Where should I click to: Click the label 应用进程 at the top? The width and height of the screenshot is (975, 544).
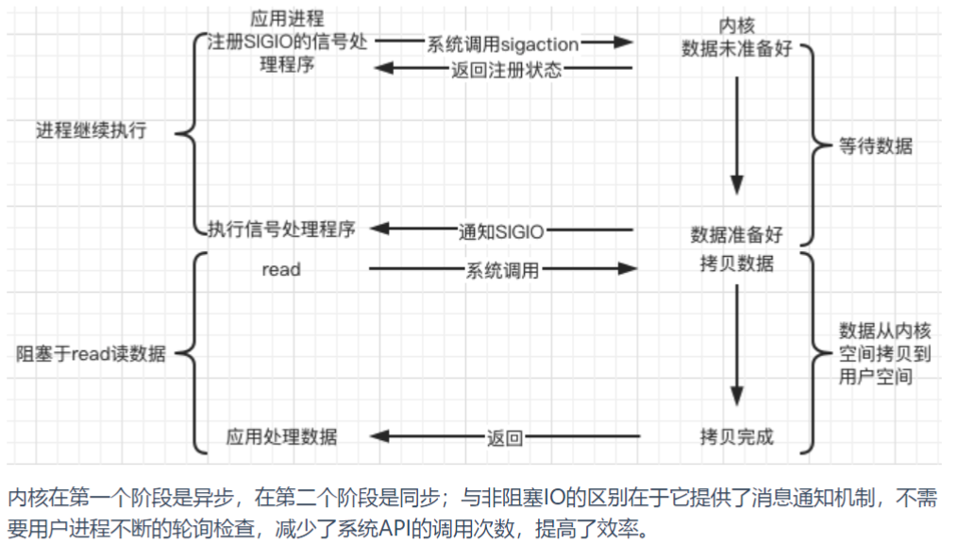click(287, 19)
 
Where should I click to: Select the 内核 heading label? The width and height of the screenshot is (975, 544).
click(736, 25)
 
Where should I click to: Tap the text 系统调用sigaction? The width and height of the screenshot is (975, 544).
click(503, 43)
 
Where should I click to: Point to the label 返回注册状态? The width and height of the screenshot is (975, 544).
click(506, 69)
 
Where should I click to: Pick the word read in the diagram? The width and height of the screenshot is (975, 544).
click(281, 269)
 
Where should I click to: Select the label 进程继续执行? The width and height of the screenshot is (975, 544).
click(92, 131)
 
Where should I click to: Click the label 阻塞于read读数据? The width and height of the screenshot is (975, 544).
click(91, 354)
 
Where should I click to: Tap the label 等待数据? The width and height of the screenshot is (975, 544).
click(875, 146)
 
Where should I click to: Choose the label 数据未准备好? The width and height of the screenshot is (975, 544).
click(736, 48)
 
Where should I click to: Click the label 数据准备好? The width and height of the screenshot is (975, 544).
click(736, 233)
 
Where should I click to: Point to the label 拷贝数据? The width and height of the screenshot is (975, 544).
click(736, 263)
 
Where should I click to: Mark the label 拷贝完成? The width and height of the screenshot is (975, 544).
click(736, 436)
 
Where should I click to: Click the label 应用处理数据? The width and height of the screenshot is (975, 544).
click(282, 436)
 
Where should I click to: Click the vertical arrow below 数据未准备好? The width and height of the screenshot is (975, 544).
click(737, 132)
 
